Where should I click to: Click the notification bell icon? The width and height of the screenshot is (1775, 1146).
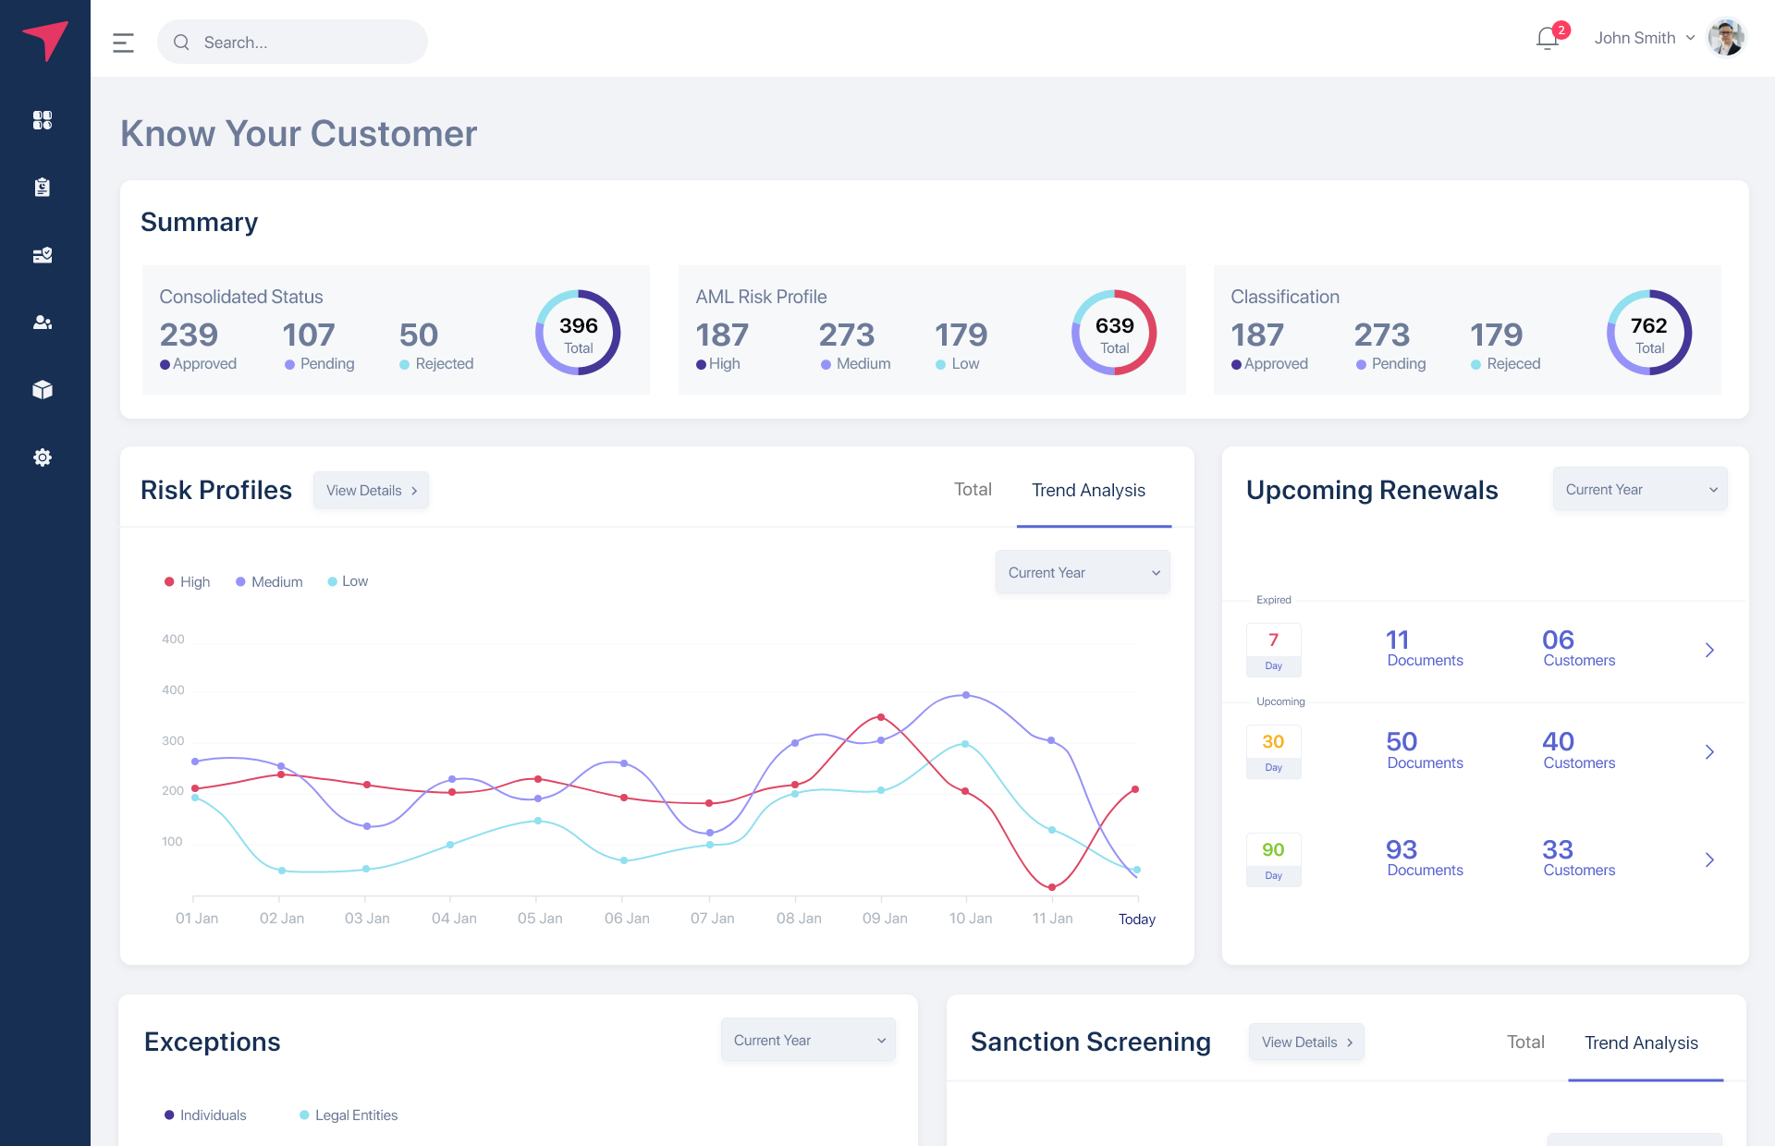1548,39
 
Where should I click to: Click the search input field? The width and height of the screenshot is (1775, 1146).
292,43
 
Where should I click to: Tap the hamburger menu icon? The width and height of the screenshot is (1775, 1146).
123,43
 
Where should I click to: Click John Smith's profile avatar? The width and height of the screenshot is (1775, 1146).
1725,38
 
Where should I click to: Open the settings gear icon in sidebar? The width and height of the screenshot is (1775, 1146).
43,457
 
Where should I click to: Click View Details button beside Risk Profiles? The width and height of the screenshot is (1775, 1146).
371,491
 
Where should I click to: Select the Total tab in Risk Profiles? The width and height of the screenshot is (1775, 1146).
973,490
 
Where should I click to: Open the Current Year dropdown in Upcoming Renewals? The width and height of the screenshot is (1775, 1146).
1640,490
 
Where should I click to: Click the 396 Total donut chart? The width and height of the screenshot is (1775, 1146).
578,333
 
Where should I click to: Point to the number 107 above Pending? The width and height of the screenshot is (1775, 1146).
309,335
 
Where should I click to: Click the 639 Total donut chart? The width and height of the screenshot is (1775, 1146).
1114,333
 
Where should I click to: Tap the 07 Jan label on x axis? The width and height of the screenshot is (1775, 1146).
712,919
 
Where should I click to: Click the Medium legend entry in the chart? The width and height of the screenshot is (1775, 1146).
269,582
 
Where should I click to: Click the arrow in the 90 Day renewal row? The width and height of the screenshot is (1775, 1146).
1709,860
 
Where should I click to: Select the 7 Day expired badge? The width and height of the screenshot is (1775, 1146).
1273,650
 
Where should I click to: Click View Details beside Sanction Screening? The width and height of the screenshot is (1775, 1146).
1306,1042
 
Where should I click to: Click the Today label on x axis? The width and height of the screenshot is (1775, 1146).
1136,920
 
